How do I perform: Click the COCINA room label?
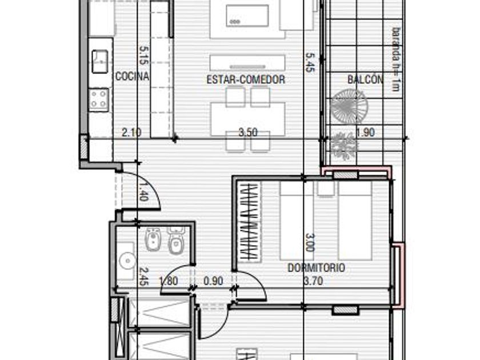tap(132, 76)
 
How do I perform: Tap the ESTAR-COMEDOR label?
tap(246, 79)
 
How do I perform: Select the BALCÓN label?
tap(365, 79)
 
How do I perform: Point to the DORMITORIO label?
tap(316, 268)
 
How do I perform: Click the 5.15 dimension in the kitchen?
tap(143, 55)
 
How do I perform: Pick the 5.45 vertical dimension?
tap(310, 62)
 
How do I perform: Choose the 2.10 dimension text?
tap(131, 133)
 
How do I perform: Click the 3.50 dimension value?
tap(248, 133)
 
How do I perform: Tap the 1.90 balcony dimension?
tap(366, 133)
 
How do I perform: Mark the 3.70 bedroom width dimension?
tap(313, 281)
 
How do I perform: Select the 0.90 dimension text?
tap(213, 281)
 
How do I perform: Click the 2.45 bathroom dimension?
tap(143, 277)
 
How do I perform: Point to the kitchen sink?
tap(100, 62)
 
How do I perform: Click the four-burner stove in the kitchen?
tap(98, 99)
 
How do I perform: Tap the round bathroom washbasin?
tap(127, 261)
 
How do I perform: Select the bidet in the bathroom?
tap(152, 239)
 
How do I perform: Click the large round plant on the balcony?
tap(349, 106)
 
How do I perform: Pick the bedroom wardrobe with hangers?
tap(250, 222)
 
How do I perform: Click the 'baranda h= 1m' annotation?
tap(396, 59)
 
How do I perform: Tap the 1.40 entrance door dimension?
tap(143, 191)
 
